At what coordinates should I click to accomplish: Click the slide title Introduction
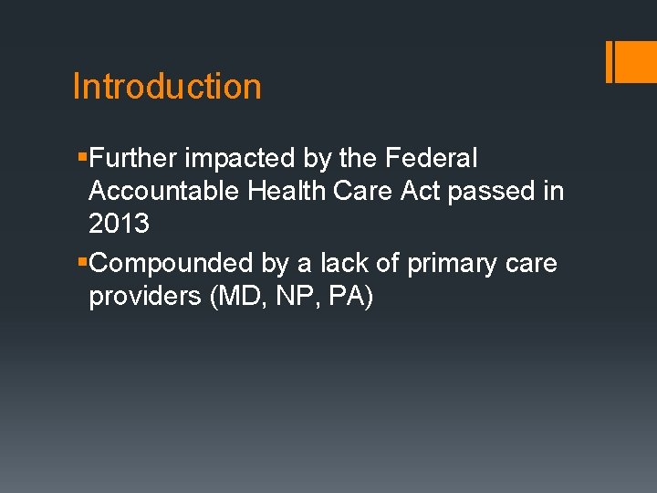[167, 87]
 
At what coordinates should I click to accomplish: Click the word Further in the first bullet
[134, 159]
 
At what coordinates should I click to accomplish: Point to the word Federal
[431, 159]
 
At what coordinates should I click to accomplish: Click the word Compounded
[172, 263]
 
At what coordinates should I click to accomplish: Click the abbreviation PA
[343, 298]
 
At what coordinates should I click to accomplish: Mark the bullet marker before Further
[83, 159]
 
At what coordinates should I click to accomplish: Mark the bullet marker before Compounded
[83, 263]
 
